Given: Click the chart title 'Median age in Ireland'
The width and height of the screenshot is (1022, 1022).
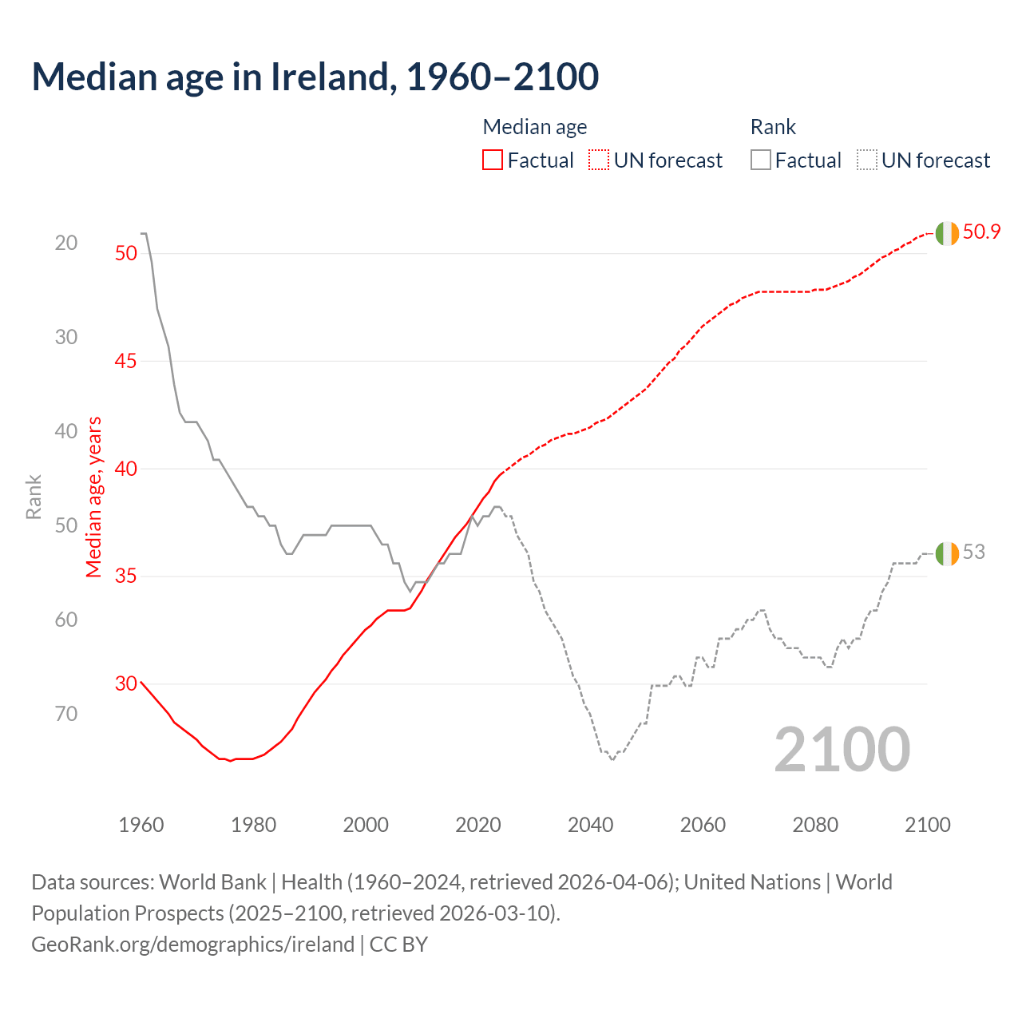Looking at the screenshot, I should [315, 77].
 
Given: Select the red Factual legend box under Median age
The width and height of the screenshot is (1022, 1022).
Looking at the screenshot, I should [493, 160].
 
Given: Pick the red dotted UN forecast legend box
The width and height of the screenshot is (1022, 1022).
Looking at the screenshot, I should [599, 160].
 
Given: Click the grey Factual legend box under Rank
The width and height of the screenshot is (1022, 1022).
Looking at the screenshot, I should [761, 160].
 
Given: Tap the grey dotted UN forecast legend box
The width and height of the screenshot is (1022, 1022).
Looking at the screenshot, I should [867, 160].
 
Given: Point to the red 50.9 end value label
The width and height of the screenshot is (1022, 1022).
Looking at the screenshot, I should [981, 232].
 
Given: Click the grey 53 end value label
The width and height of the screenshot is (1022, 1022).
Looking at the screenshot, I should [973, 552].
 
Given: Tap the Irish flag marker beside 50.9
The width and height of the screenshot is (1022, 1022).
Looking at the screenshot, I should [947, 233].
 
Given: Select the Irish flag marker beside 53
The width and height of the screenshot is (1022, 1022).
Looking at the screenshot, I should [947, 553].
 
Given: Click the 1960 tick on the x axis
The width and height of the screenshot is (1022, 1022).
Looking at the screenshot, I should [141, 825].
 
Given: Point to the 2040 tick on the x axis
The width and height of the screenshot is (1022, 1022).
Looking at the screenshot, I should [590, 825].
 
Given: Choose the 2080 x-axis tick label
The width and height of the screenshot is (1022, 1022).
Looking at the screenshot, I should [815, 825].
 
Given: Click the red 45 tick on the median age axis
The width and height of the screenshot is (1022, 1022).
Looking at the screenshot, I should [126, 361].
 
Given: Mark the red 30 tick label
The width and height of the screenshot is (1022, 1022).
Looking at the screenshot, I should [126, 683].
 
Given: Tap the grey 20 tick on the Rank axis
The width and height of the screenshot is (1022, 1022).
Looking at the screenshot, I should [66, 243].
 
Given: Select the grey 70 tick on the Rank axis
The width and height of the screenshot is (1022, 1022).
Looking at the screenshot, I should [66, 713].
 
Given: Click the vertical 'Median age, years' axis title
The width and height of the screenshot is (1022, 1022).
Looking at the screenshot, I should [94, 497].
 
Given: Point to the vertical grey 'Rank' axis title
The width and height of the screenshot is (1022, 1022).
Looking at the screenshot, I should [34, 497].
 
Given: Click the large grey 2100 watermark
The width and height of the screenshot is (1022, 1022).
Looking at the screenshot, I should [842, 749].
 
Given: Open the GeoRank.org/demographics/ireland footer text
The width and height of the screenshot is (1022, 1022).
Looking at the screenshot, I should [192, 944].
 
